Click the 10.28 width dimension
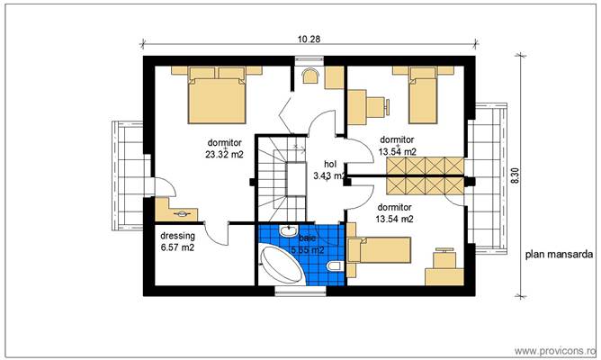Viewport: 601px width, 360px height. click(x=308, y=40)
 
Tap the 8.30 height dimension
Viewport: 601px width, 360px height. click(x=516, y=175)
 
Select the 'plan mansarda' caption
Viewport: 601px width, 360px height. click(x=559, y=255)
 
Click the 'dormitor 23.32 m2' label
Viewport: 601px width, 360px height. click(x=224, y=148)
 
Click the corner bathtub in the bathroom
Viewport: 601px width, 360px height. click(x=281, y=265)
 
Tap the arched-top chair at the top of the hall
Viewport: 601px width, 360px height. click(x=310, y=76)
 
